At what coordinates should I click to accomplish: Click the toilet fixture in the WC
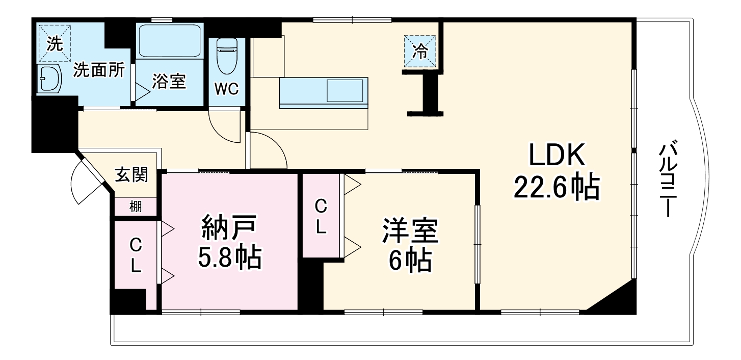tap(225, 57)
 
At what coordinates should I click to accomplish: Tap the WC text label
tap(226, 89)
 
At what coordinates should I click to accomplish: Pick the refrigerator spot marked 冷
tap(420, 51)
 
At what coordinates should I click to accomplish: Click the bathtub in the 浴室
tap(169, 41)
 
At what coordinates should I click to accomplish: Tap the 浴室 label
tap(169, 82)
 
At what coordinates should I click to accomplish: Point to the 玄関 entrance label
tap(131, 175)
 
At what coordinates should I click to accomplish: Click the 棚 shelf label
tap(135, 207)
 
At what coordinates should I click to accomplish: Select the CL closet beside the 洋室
tap(321, 217)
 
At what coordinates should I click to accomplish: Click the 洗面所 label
tap(99, 70)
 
